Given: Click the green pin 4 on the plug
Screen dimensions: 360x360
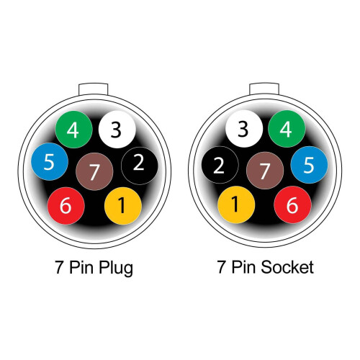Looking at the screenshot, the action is [74, 130].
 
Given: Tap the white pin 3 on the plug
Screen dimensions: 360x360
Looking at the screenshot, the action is [117, 130].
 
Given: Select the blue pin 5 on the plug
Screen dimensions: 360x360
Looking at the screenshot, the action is [50, 161].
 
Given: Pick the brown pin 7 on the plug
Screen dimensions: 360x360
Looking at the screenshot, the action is [94, 171].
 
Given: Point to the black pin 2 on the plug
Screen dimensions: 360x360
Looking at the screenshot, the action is [140, 166].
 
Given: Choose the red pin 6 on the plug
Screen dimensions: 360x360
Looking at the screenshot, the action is [66, 206].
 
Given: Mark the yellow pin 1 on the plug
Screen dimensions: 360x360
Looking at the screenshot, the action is [123, 206].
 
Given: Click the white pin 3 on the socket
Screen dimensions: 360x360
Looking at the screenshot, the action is [244, 129].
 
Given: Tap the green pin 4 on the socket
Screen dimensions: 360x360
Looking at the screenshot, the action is [287, 129].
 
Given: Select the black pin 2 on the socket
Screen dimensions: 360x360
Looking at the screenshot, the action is [220, 165].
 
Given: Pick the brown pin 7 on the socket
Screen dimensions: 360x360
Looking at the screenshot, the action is [265, 171].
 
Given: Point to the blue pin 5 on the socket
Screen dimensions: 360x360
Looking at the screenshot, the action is [309, 165].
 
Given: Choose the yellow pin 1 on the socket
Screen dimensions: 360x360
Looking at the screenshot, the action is [236, 204].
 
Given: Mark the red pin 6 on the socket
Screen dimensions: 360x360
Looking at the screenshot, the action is [292, 204].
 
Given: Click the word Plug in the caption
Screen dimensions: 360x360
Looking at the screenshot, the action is [116, 269].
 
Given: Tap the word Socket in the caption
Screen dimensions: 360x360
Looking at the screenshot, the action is [287, 267].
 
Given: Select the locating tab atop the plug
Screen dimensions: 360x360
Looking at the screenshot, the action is [94, 89].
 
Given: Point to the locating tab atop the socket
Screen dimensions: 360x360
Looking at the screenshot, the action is [264, 89].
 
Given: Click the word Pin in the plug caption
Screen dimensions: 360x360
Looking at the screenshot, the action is [81, 267].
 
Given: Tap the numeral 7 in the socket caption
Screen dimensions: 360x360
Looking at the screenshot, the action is [222, 267].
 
